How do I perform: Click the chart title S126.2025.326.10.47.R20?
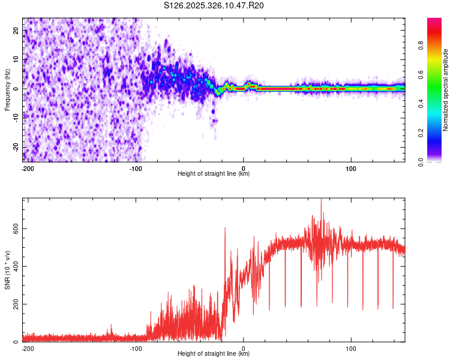[214, 6]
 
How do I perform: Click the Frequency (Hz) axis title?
[8, 89]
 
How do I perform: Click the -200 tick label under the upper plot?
[27, 167]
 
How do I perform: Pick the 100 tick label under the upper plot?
[351, 167]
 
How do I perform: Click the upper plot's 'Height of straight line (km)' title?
[214, 173]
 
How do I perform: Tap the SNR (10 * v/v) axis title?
[8, 269]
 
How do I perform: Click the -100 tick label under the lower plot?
[135, 347]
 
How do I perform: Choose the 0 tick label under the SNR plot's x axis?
[244, 347]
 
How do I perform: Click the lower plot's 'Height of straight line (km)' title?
[214, 354]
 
